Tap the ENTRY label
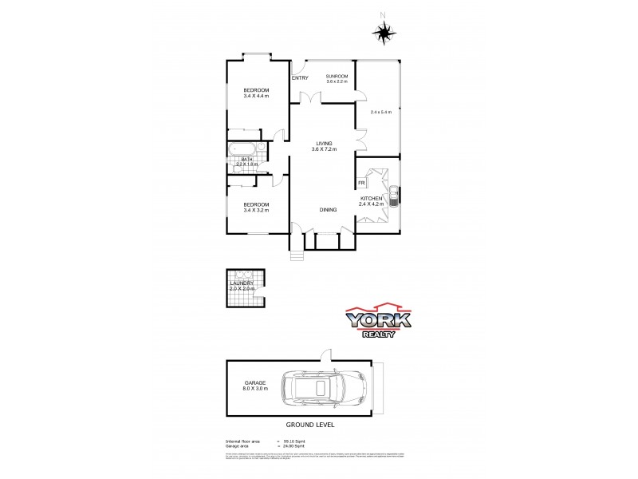tap(300, 77)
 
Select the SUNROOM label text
tap(337, 76)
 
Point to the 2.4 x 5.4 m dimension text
tap(380, 112)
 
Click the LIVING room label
tap(323, 144)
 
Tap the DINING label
tap(328, 209)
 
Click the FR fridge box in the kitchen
tap(361, 183)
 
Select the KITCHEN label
tap(372, 198)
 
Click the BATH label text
tap(247, 159)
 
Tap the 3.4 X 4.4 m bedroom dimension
tap(256, 96)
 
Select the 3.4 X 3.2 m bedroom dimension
tap(256, 211)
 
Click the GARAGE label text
tap(255, 382)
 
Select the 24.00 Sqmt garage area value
tap(292, 445)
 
